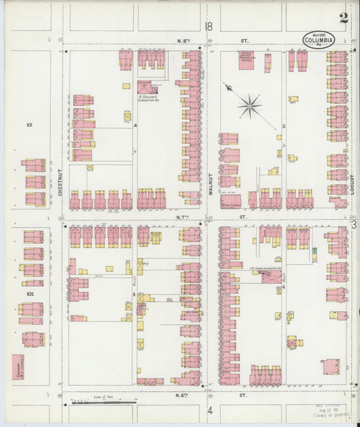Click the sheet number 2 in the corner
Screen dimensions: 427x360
click(x=344, y=18)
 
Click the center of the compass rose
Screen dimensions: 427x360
click(x=250, y=104)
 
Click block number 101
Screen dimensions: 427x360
click(x=29, y=125)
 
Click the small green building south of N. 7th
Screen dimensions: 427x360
click(x=314, y=253)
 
